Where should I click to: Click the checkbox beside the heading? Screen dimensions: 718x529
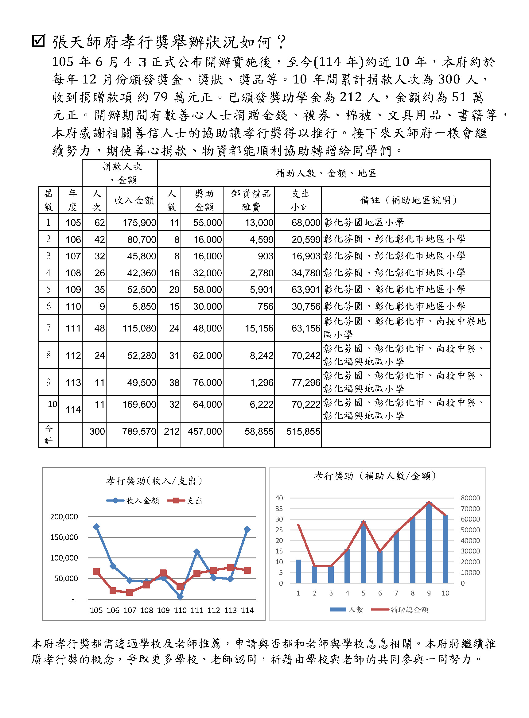[x=39, y=41]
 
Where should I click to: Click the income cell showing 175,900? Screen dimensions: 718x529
[x=139, y=223]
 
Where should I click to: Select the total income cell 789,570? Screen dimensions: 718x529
[x=139, y=431]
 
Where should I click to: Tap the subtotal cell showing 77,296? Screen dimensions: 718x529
[x=305, y=382]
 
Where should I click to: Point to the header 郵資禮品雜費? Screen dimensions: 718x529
[x=251, y=200]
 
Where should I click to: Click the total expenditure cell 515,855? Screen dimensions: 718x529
[x=303, y=431]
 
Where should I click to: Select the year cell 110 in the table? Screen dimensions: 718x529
[x=73, y=306]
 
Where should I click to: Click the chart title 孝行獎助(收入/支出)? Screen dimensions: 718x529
[x=154, y=480]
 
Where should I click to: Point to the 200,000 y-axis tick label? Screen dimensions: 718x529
[x=64, y=517]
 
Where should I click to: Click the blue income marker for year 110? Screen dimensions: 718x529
[x=180, y=597]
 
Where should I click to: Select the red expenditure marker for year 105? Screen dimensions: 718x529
[x=96, y=571]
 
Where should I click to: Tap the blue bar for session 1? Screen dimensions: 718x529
[x=298, y=572]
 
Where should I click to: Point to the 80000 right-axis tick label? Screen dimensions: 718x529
[x=470, y=498]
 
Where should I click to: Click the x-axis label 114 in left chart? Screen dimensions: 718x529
[x=247, y=611]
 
